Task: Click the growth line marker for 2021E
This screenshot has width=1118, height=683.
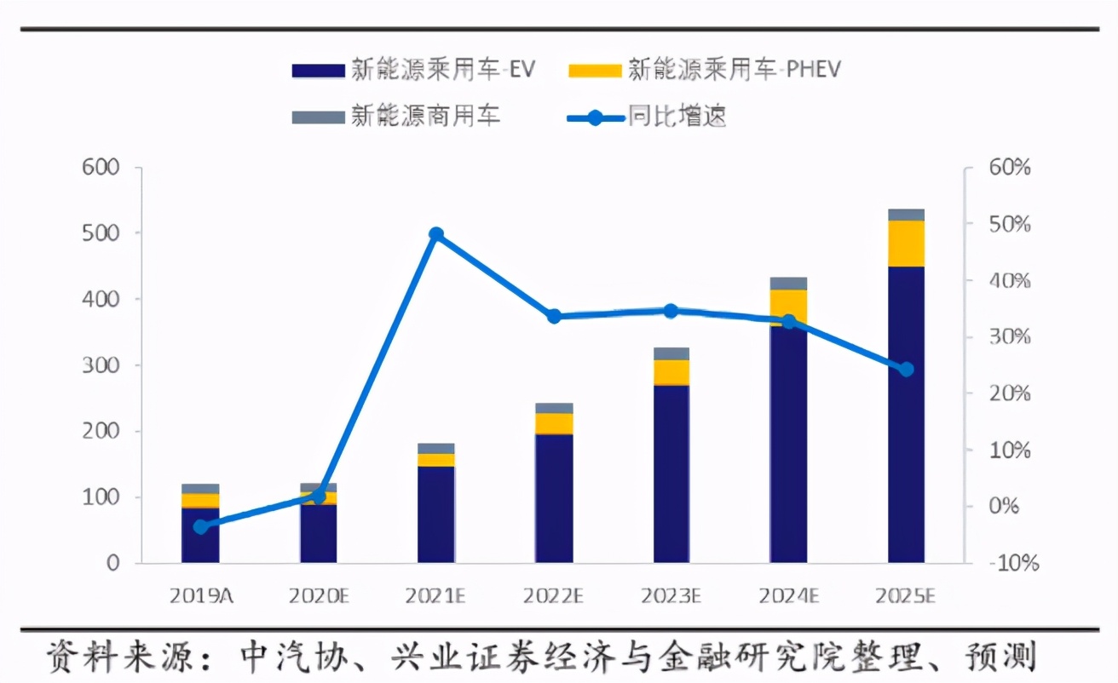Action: (436, 234)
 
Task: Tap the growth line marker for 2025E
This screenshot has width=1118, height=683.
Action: (907, 370)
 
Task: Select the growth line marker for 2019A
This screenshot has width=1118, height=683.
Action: (200, 527)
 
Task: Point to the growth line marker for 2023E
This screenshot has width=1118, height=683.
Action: (671, 312)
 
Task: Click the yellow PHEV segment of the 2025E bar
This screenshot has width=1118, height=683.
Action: (907, 244)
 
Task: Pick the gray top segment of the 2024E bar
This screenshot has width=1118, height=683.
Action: (788, 284)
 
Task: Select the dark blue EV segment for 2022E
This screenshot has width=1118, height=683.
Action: (554, 499)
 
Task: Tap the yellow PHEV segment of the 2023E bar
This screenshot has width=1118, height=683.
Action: (671, 373)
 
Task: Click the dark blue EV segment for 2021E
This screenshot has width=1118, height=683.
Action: (436, 515)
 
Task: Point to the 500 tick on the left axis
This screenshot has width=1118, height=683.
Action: (101, 233)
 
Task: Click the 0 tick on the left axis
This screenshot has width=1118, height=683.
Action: (112, 563)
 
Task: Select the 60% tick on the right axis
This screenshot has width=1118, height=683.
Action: (1009, 167)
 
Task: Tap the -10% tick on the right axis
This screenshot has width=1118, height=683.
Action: (1013, 563)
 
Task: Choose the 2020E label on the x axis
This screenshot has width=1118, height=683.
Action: (319, 595)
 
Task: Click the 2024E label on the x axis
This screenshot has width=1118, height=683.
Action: (788, 595)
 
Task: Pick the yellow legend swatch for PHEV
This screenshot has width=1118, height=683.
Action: (595, 71)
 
